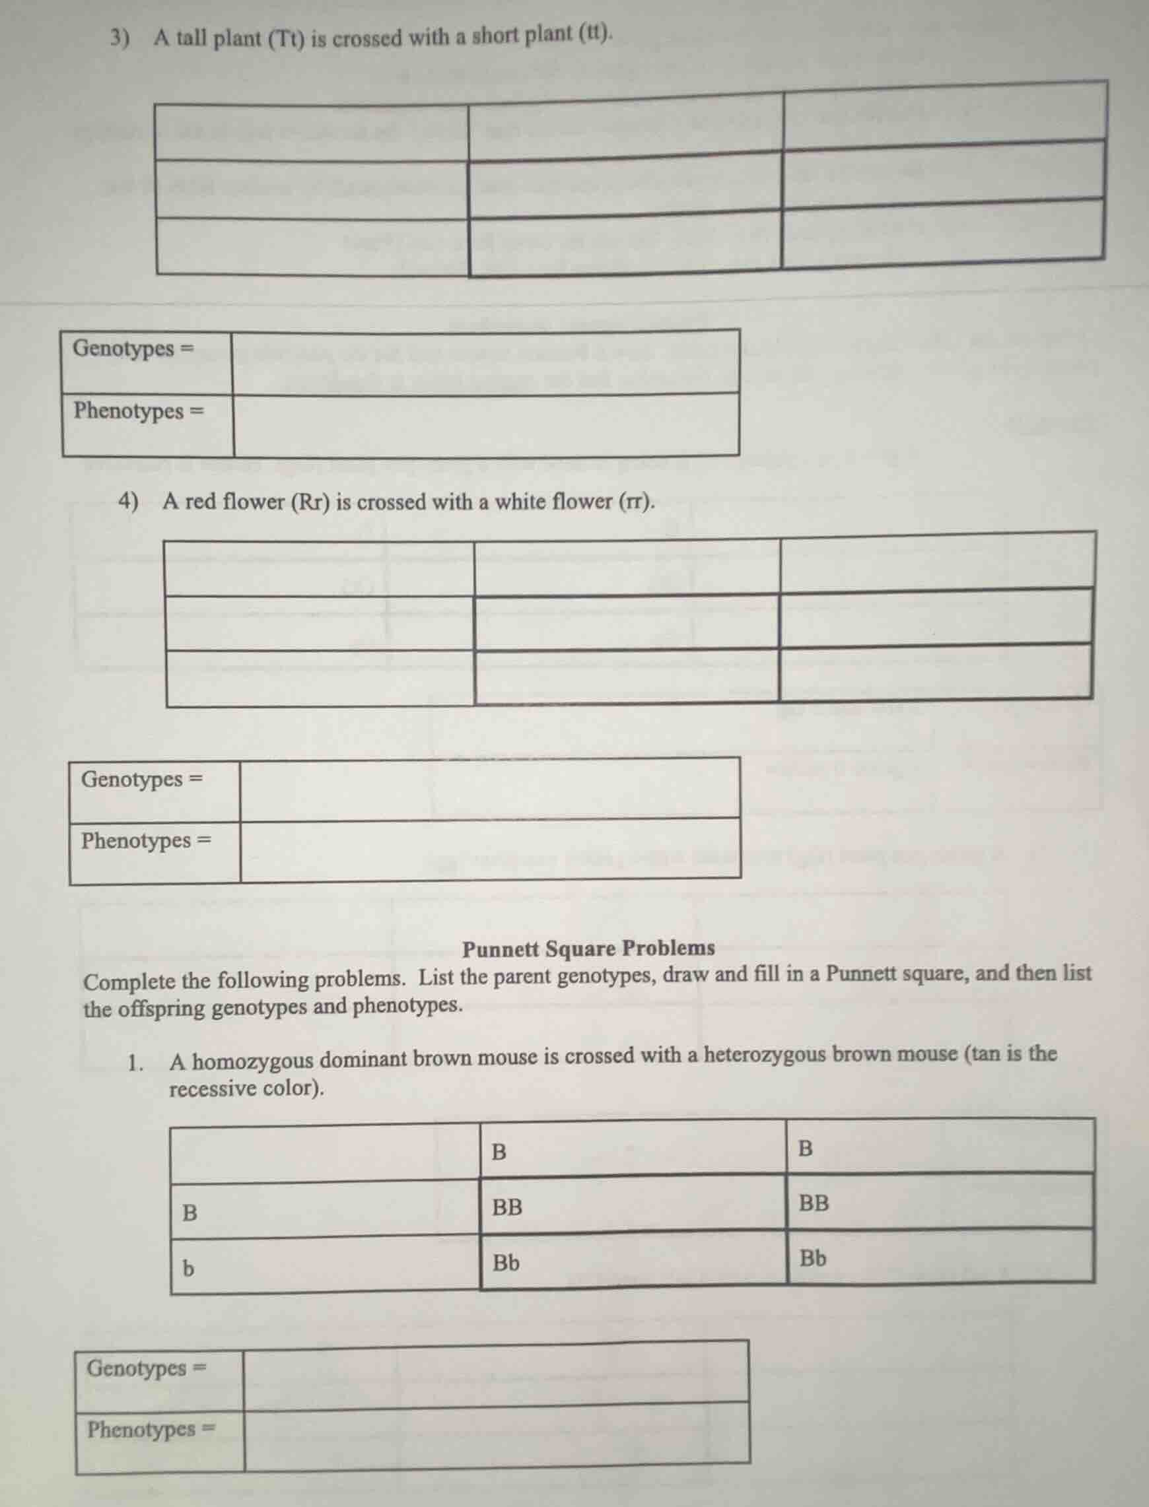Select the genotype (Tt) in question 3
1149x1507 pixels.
coord(285,38)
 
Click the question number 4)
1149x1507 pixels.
coord(129,501)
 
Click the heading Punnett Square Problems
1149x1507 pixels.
coord(588,949)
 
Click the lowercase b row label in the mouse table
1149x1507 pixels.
coord(188,1268)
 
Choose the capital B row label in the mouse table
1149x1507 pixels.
coord(190,1213)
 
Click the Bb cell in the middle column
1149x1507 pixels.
coord(506,1263)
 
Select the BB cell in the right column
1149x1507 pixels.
coord(814,1203)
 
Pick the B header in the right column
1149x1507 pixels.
coord(806,1149)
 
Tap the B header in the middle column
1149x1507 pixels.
coord(499,1152)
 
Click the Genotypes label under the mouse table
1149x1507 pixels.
coord(137,1368)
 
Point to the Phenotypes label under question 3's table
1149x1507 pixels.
coord(129,411)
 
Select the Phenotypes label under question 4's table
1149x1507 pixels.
coord(137,840)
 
